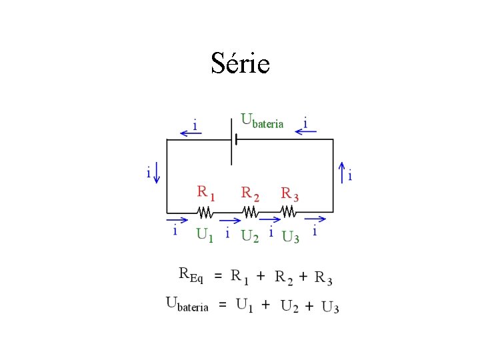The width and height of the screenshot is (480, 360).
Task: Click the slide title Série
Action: click(240, 63)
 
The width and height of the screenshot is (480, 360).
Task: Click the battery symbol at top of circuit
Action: click(233, 139)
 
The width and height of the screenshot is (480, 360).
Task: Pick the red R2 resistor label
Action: click(249, 193)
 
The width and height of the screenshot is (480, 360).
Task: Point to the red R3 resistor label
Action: click(289, 194)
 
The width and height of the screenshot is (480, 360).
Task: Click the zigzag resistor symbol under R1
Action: click(205, 212)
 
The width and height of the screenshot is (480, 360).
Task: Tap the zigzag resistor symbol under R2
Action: click(250, 212)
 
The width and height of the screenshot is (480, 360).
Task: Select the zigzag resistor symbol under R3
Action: click(288, 211)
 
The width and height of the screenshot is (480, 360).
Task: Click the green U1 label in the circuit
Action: click(205, 235)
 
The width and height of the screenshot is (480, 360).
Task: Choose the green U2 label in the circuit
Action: click(249, 236)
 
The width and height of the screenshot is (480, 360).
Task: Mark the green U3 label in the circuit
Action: click(291, 237)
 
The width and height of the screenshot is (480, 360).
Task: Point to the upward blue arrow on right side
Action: click(341, 173)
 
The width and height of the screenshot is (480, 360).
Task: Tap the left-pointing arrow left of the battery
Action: click(191, 133)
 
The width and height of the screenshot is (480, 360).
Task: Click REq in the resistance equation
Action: click(191, 274)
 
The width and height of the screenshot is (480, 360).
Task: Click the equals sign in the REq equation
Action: click(218, 275)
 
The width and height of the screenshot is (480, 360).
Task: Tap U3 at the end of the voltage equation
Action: click(330, 306)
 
